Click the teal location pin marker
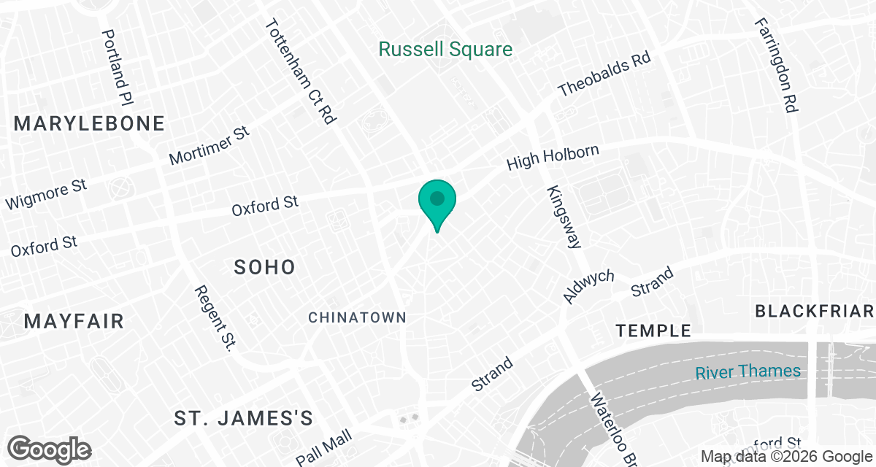coord(437,201)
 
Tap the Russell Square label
coord(445,50)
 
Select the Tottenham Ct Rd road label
coord(300,71)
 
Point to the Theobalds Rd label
coord(604,74)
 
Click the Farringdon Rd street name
coord(776,63)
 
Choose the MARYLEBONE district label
coord(89,123)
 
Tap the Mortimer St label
coord(210,144)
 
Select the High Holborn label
coord(553,158)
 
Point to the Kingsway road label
coord(561,217)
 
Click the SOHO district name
coord(264,267)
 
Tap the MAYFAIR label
coord(74,321)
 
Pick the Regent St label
coord(213,318)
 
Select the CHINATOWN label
coord(357,317)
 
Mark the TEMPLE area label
coord(653,331)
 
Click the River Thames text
coord(748,371)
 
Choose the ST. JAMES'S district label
coord(244,418)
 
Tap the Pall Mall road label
coord(324,447)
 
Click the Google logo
coord(49,449)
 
